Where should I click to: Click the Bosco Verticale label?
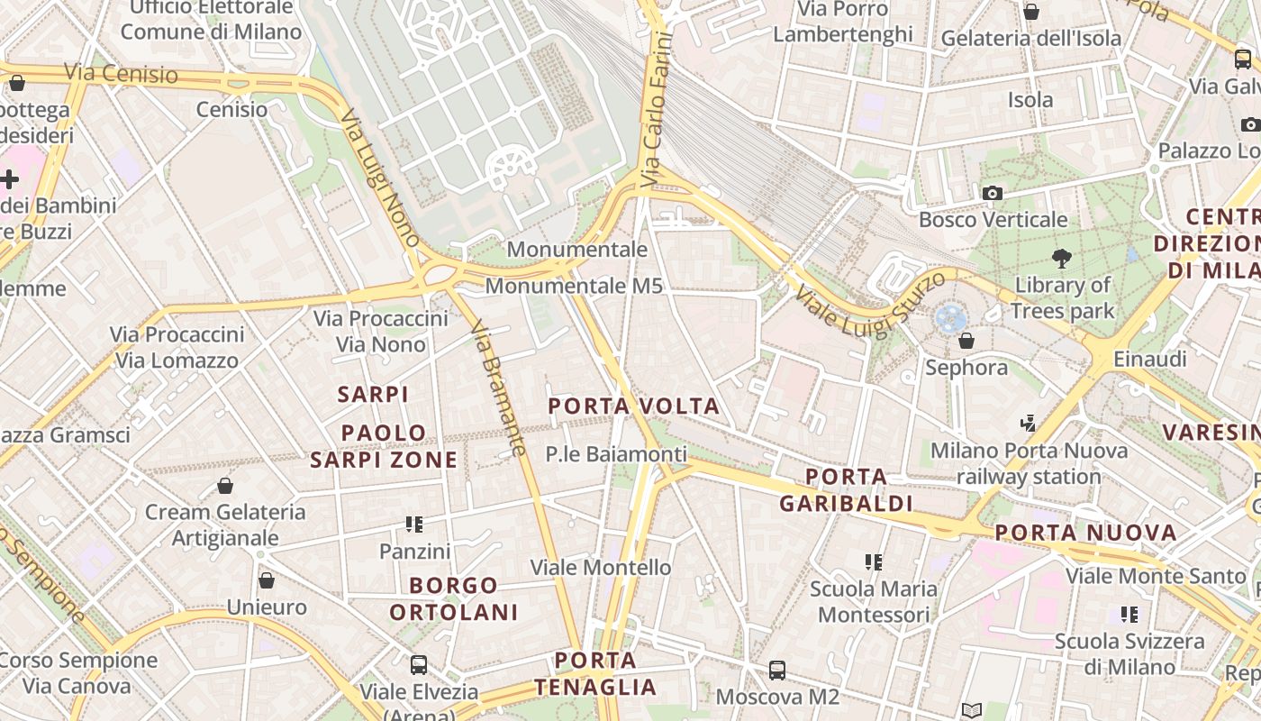[993, 219]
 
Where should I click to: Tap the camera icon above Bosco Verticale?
[993, 193]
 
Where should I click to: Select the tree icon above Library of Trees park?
[1062, 259]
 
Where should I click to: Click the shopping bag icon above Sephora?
[966, 341]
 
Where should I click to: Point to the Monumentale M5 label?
[574, 287]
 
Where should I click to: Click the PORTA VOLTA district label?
[634, 406]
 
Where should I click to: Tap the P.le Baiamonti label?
[616, 454]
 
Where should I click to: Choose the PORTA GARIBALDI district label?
[846, 489]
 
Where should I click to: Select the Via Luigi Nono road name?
[381, 178]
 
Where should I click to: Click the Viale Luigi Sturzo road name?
[870, 304]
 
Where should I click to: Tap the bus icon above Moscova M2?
[777, 671]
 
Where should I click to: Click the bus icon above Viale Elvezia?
[419, 665]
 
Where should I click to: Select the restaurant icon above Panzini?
[414, 524]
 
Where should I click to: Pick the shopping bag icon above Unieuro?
[266, 580]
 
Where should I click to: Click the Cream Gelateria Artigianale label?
[225, 525]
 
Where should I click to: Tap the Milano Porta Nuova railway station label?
[1029, 463]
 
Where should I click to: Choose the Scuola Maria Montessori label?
[873, 602]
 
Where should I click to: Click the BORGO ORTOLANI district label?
[454, 598]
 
